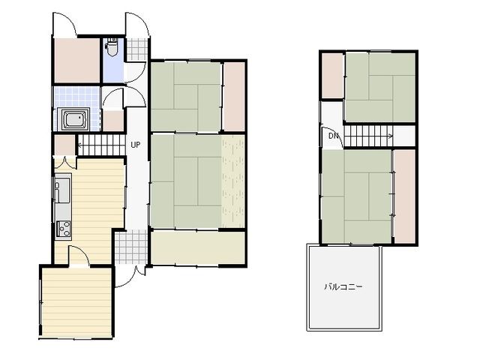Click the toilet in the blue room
[111, 46]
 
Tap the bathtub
[75, 119]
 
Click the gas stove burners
[64, 229]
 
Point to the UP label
[136, 145]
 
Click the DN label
[334, 135]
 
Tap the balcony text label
[343, 286]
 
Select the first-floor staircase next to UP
[102, 145]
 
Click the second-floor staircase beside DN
[368, 136]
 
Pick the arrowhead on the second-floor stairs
[391, 136]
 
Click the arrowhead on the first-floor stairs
[79, 145]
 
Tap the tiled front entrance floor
[131, 247]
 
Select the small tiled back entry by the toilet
[136, 49]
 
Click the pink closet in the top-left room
[77, 60]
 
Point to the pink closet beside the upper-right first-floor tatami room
[234, 97]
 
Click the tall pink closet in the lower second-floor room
[404, 196]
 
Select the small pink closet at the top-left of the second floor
[332, 76]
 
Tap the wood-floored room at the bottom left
[76, 302]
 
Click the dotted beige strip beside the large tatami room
[233, 181]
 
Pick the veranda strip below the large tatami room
[198, 247]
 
